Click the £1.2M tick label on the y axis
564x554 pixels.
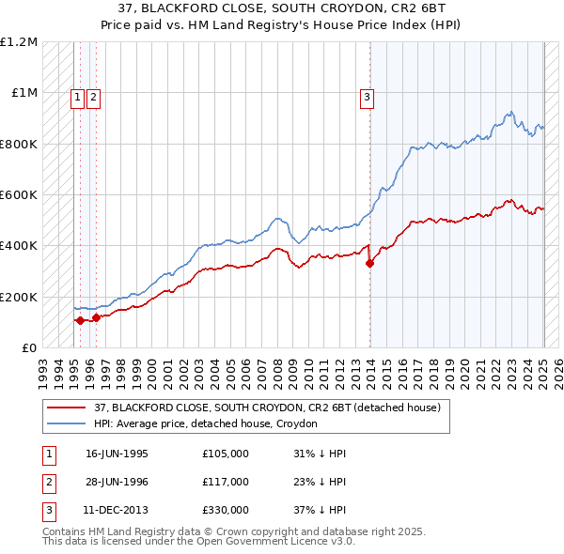(19, 42)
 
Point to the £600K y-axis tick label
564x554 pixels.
(19, 195)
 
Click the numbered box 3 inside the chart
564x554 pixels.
(368, 95)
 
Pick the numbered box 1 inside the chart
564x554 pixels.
(79, 95)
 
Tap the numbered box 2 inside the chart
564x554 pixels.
(95, 95)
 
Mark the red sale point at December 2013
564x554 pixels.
(369, 264)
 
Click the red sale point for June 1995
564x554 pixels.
(80, 321)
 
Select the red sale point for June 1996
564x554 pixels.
(96, 317)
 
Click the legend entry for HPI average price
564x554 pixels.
(206, 423)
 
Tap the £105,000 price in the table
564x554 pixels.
(226, 453)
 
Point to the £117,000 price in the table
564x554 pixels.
(226, 481)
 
